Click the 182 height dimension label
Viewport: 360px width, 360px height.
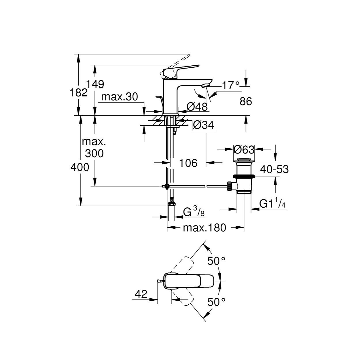78,93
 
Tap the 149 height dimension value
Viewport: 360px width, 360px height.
95,84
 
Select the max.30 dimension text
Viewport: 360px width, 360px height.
120,97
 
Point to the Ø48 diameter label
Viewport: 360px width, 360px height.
197,107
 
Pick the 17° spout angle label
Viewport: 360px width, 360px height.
231,86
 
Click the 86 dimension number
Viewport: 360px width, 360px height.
246,101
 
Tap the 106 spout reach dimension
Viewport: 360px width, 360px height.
188,163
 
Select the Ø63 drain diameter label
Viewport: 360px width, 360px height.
244,150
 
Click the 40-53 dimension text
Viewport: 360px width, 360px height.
274,169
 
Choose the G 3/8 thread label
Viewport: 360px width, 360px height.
194,212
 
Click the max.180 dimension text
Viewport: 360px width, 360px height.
204,228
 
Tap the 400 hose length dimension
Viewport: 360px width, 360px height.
80,167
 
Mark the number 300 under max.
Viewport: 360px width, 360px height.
94,154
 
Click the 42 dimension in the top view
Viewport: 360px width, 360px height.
141,294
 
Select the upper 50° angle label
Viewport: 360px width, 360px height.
216,261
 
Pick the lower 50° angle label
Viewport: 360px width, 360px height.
216,302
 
